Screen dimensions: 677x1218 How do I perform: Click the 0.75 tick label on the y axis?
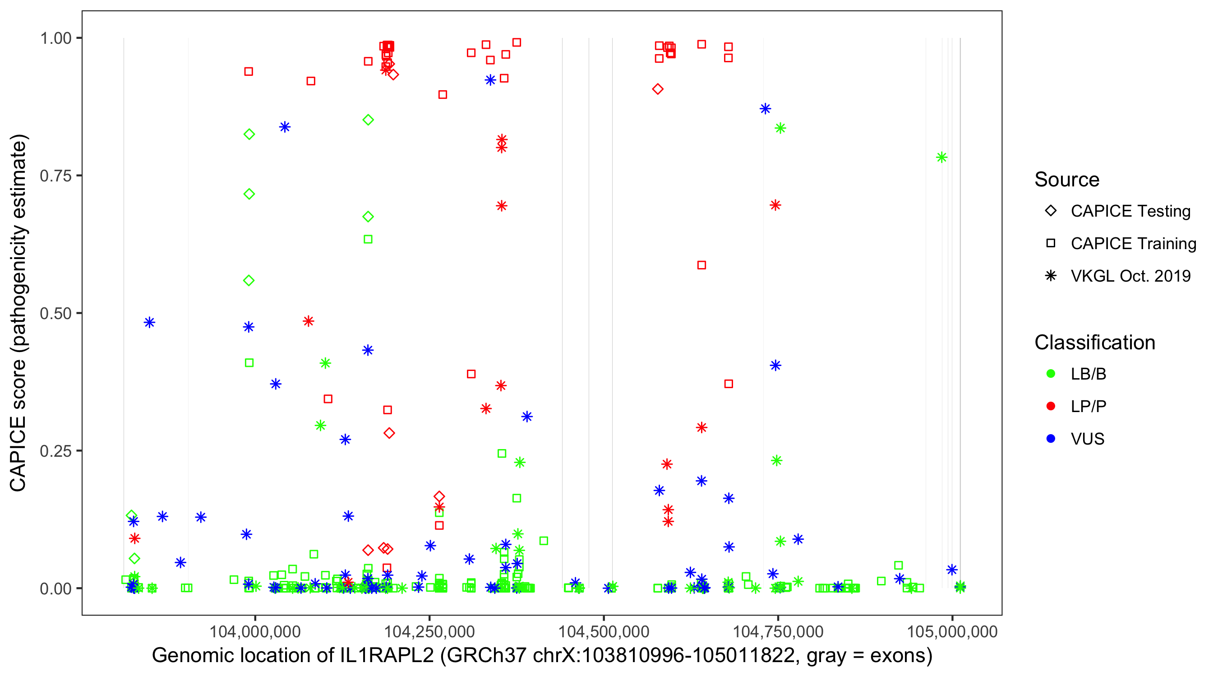[x=55, y=176]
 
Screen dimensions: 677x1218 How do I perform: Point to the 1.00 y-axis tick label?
[x=55, y=38]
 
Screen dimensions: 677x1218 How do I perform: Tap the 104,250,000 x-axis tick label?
[x=429, y=631]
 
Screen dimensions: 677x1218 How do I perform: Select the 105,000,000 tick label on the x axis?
[x=952, y=631]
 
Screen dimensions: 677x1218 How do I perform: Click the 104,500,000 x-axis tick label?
[x=603, y=631]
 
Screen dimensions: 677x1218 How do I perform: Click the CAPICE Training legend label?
[x=1133, y=244]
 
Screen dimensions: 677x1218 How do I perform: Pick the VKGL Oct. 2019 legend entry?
[x=1130, y=276]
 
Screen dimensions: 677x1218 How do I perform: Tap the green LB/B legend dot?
[x=1051, y=374]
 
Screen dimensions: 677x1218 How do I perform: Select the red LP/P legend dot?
[x=1051, y=406]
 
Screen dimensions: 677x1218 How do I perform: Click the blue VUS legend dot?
[x=1051, y=439]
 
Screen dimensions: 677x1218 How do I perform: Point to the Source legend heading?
[x=1067, y=180]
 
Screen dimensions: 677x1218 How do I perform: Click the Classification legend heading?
[x=1094, y=343]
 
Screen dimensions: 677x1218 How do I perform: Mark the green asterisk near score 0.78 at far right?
[x=941, y=158]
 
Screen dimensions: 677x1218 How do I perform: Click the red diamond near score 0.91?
[x=658, y=89]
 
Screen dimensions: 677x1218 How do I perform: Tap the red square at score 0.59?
[x=701, y=265]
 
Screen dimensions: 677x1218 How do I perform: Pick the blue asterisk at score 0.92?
[x=490, y=80]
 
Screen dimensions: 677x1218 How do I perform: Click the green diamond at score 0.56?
[x=249, y=281]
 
